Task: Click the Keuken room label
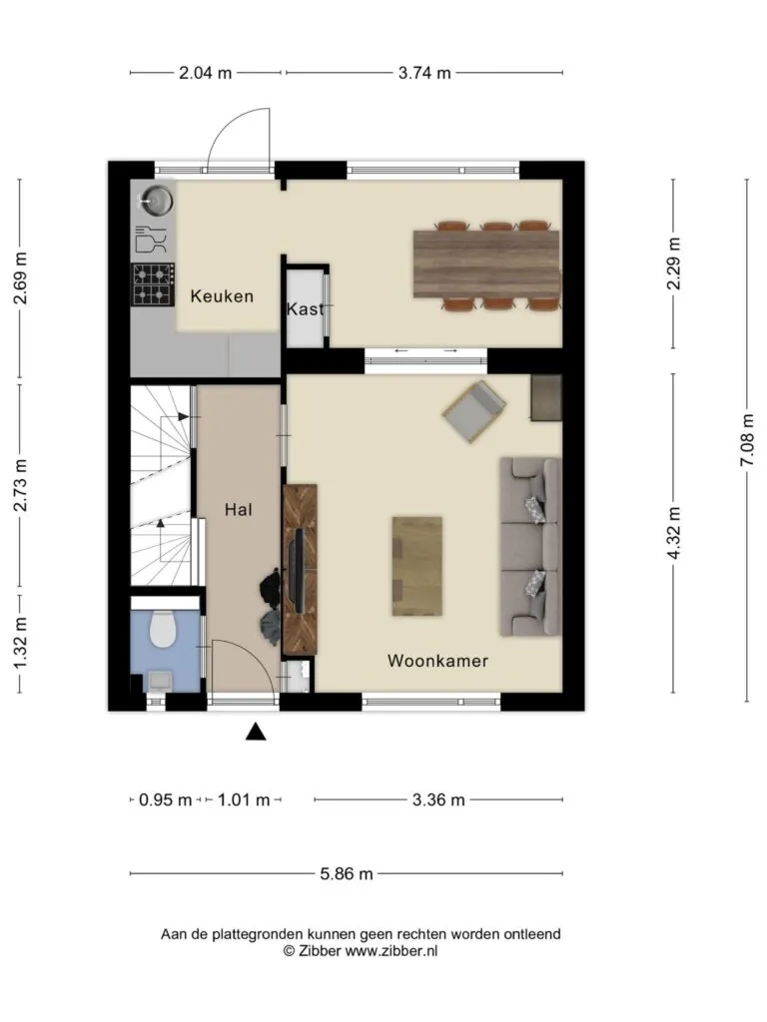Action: point(222,296)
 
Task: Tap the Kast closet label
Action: point(305,308)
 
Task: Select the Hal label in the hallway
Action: point(238,510)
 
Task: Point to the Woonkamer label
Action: point(437,661)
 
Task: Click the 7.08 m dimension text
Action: point(747,440)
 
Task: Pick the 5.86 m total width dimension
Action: point(347,873)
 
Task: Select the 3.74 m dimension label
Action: point(424,73)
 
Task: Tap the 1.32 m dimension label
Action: point(20,643)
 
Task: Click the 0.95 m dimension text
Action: point(166,799)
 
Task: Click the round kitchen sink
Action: point(157,201)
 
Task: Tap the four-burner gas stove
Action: point(153,284)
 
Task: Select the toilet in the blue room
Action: point(163,629)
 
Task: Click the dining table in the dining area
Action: point(486,263)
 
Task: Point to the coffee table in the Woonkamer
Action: point(416,566)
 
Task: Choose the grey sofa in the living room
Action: point(529,547)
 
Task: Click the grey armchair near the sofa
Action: point(474,411)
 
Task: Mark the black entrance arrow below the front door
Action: point(256,732)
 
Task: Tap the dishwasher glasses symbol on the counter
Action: point(151,240)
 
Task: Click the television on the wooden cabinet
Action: point(298,570)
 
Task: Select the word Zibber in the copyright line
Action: point(320,951)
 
